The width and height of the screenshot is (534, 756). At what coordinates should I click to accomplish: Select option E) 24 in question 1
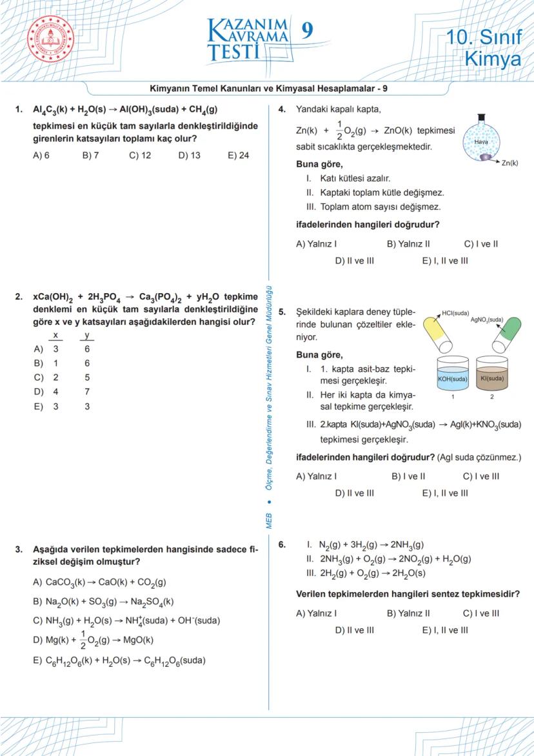pos(239,156)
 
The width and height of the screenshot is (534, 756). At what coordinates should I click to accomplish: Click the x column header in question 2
pos(55,336)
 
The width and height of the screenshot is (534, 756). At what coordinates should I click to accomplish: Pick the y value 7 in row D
pos(87,392)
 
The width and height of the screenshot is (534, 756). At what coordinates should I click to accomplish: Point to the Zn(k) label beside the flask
pos(509,163)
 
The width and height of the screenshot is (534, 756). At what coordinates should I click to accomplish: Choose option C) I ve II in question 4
pos(480,244)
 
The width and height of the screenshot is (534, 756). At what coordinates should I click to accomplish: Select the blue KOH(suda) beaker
pos(452,374)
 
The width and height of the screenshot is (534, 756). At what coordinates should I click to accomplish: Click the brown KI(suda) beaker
pos(491,374)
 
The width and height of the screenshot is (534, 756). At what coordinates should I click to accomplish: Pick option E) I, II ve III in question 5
pos(445,493)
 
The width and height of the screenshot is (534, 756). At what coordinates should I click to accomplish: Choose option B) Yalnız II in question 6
pos(408,613)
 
